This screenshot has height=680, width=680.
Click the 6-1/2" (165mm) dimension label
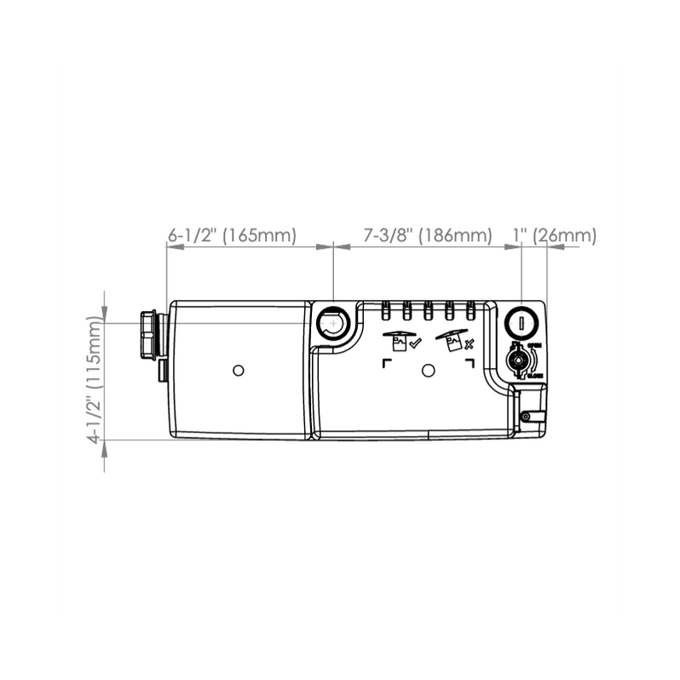pos(232,235)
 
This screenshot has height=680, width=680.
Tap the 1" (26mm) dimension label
pos(554,235)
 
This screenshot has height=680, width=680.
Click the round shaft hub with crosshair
pos(331,323)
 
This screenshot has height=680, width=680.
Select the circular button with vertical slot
pos(520,324)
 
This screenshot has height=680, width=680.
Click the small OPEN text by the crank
pos(535,346)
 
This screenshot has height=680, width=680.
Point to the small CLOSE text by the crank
pos(535,375)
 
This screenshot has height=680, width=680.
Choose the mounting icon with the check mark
pos(401,341)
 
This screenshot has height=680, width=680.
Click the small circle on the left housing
pos(239,370)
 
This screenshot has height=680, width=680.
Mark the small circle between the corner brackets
pos(429,370)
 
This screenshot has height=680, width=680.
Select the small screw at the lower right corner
pos(526,416)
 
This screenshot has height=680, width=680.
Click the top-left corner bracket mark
pos(388,362)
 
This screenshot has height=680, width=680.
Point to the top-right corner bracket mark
pos(470,362)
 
